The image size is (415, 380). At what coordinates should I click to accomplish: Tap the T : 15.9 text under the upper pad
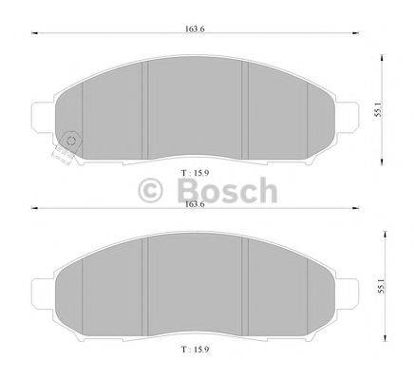(193, 172)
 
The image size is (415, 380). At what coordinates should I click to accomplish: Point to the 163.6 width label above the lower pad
(194, 202)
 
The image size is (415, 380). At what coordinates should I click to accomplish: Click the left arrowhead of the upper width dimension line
(37, 36)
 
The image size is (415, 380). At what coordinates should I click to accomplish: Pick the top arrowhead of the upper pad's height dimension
(382, 53)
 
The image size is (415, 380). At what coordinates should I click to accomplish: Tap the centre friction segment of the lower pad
(194, 285)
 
